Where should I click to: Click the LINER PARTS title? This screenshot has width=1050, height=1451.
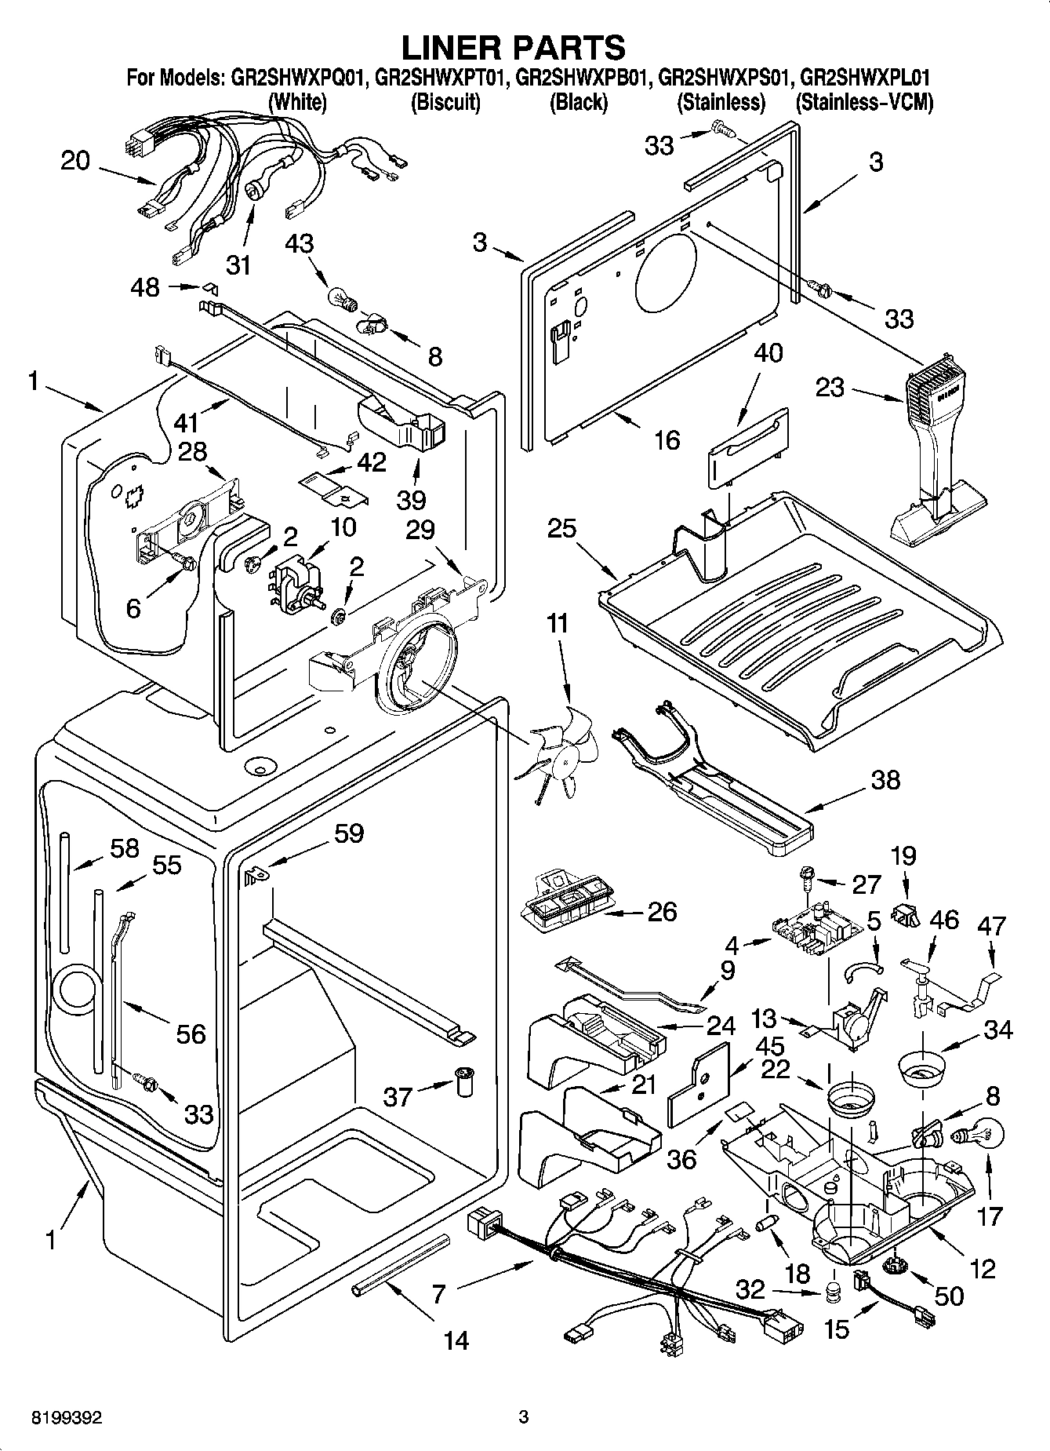click(514, 47)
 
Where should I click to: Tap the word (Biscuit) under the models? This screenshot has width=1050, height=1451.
click(445, 102)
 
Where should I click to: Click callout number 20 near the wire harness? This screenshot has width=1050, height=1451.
click(76, 161)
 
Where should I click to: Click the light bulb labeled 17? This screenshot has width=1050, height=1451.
click(977, 1134)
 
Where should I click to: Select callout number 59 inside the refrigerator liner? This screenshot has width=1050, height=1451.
click(348, 832)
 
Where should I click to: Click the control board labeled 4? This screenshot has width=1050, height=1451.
click(808, 934)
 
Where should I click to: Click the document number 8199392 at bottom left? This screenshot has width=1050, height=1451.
click(67, 1417)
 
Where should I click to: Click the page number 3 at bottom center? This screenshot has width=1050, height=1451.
click(524, 1417)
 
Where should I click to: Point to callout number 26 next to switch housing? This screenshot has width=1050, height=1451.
click(662, 911)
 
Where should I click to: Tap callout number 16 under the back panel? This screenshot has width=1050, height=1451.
click(667, 439)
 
